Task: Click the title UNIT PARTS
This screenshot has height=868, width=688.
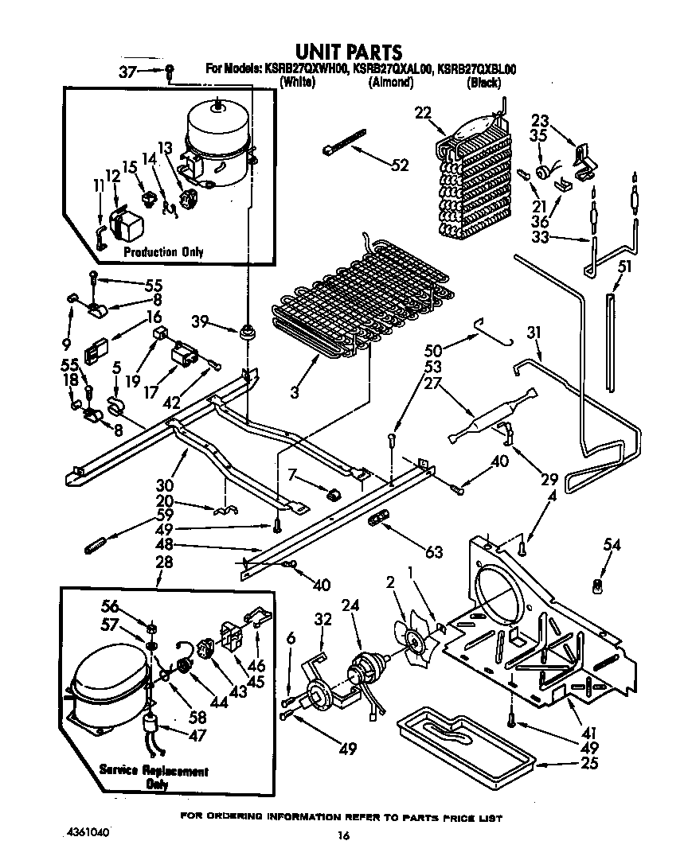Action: [343, 53]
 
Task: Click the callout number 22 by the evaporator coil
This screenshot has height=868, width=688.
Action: [422, 112]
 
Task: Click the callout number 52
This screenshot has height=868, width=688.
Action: [400, 165]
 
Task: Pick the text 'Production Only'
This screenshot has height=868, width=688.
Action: [162, 252]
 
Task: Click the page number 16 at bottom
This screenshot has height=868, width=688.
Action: [342, 835]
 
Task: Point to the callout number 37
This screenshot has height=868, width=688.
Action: [127, 72]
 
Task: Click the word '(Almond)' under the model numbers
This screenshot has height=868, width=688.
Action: [390, 82]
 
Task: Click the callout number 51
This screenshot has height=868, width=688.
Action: [625, 267]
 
